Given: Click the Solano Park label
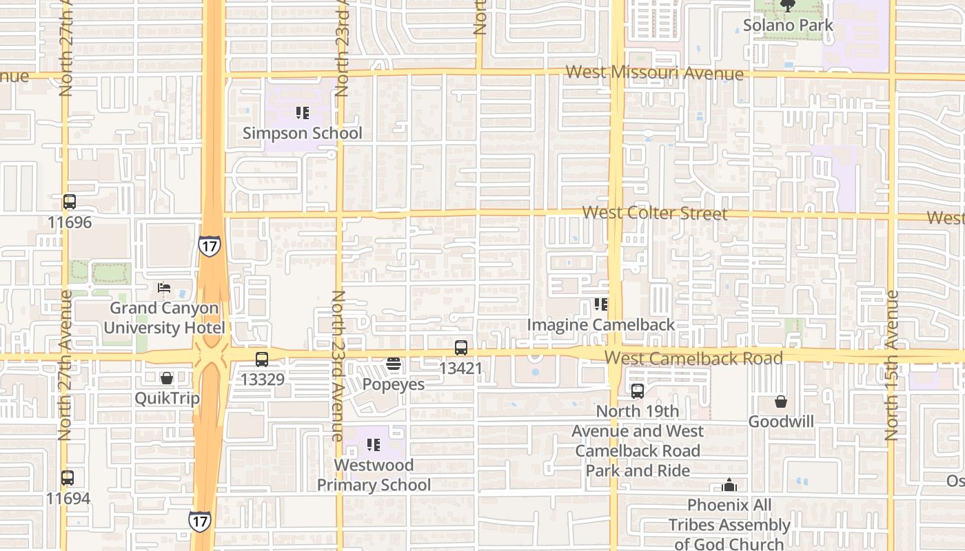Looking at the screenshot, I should click(x=788, y=25).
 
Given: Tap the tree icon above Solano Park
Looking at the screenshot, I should click(x=788, y=6).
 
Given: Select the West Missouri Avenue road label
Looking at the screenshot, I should click(x=654, y=73).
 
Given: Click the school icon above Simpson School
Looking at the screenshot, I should click(x=302, y=112).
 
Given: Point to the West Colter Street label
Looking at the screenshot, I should click(x=654, y=213).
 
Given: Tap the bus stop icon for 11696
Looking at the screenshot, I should click(x=69, y=202).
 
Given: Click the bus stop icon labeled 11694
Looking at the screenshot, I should click(x=68, y=477).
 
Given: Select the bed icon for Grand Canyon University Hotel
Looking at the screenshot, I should click(x=164, y=288).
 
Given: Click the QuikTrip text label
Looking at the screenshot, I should click(x=167, y=398).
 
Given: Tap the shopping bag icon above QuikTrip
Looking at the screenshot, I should click(x=166, y=378).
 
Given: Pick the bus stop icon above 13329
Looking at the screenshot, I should click(x=262, y=359).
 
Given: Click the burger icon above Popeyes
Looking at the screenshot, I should click(x=394, y=364).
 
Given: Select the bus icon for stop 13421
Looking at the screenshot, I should click(x=461, y=348).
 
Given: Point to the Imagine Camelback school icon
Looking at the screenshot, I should click(x=601, y=304).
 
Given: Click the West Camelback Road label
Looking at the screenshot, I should click(x=693, y=358).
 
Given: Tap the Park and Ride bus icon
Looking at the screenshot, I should click(x=638, y=391).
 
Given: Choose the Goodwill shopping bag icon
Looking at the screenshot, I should click(x=781, y=402).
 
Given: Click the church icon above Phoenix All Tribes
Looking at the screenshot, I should click(x=729, y=486).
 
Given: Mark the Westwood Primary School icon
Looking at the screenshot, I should click(x=374, y=445).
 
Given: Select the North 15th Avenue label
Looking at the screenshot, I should click(x=891, y=365).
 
